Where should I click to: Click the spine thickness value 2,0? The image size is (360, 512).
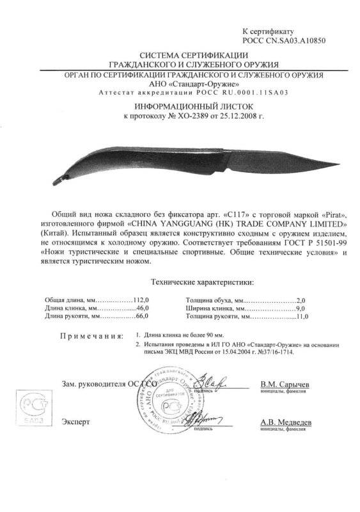coord(302,299)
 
